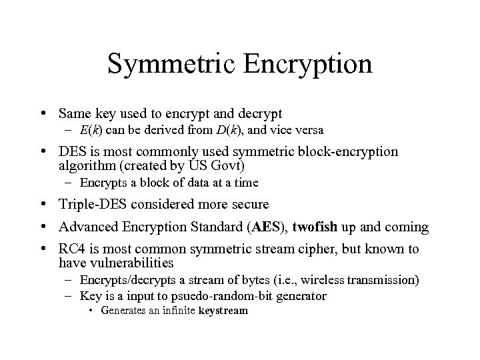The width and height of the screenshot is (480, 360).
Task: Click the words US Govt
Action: pyautogui.click(x=237, y=166)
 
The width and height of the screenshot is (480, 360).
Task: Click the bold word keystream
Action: pyautogui.click(x=223, y=311)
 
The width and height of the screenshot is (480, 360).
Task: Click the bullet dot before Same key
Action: pyautogui.click(x=43, y=113)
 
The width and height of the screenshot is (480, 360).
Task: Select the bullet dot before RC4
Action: pyautogui.click(x=43, y=249)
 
